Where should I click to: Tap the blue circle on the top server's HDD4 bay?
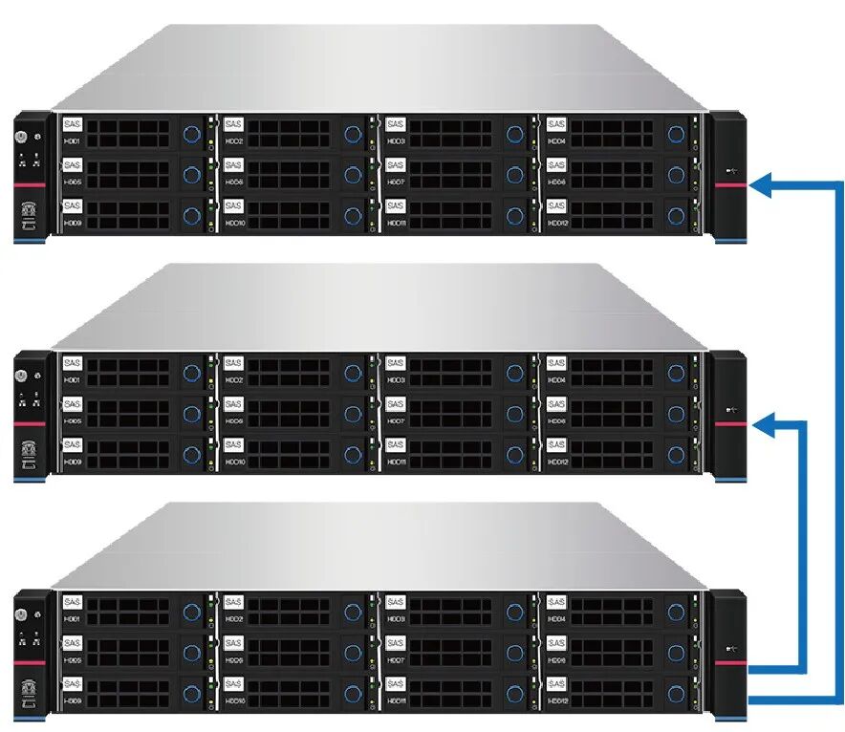677,134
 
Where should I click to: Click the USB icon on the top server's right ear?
731,172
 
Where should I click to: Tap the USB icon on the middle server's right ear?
731,412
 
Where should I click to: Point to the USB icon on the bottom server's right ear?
731,652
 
